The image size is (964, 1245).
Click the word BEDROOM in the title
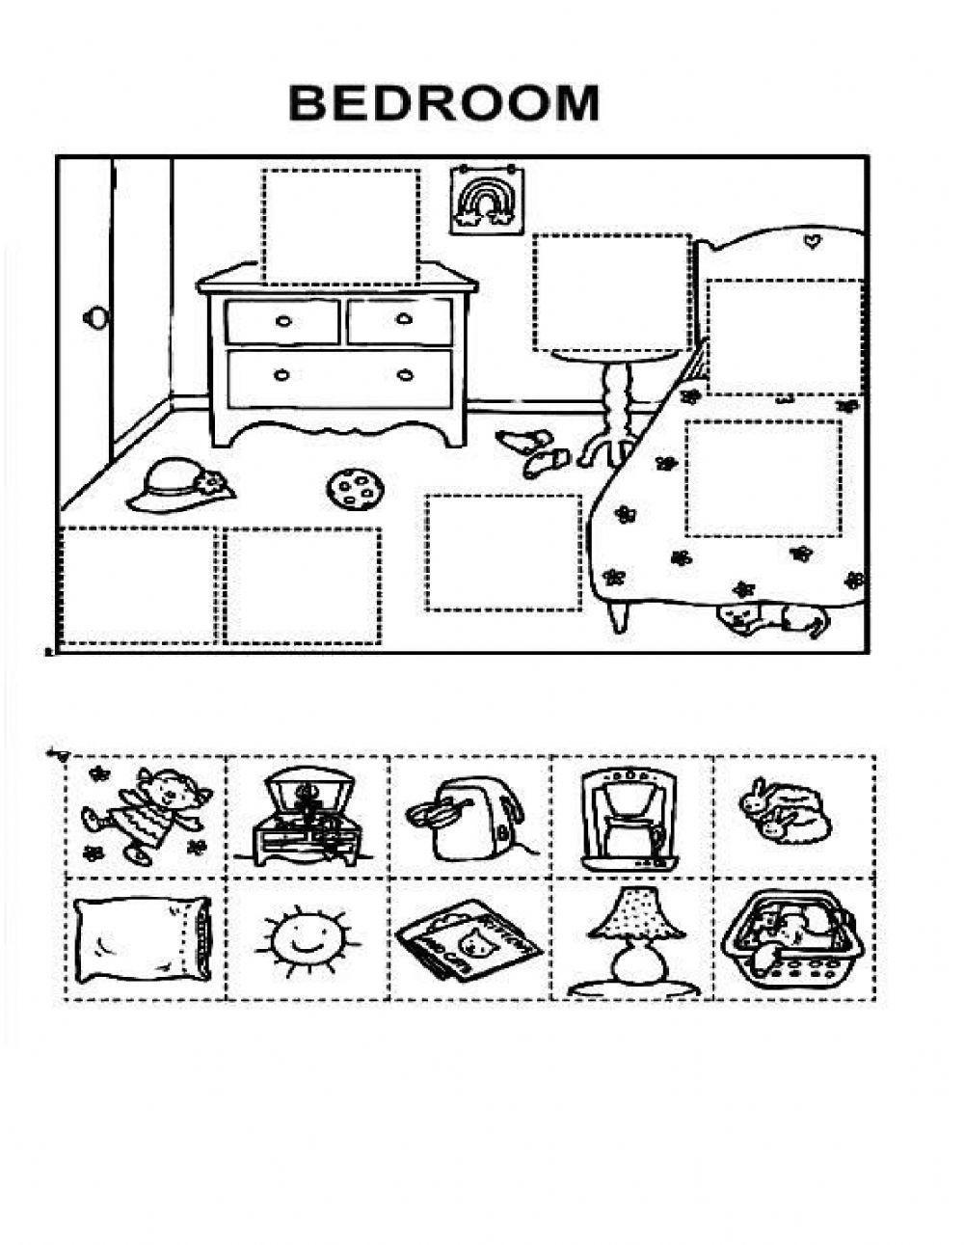coord(444,103)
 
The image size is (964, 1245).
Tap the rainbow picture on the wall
coord(478,201)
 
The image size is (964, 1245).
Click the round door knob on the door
coord(96,317)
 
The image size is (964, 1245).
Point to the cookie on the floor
coord(358,489)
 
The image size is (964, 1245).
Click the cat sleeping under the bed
coord(772,619)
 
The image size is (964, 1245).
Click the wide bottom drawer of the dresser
coord(338,377)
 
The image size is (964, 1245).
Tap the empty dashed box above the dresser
coord(340,228)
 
